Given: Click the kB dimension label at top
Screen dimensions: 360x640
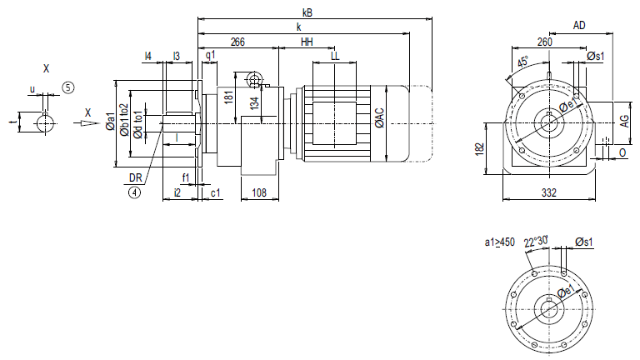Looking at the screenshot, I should point(308,12).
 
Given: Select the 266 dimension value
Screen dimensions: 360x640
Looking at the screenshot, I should point(237,42).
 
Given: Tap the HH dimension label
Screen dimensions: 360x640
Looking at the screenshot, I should point(307,42).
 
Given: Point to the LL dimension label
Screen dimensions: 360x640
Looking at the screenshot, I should point(335,56).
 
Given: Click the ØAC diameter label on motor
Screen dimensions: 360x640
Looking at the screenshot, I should point(380,118).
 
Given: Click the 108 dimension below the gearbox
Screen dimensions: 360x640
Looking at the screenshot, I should point(258,193).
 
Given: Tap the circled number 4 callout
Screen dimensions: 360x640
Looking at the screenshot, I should point(133,192).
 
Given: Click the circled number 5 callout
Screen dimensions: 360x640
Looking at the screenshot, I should point(67,86).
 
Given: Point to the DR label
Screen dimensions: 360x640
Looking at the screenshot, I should point(133,177).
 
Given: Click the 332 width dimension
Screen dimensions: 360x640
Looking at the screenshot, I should point(549,193).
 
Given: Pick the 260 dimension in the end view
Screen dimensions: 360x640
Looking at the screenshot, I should point(544,42).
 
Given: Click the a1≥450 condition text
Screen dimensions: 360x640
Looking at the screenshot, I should point(500,242).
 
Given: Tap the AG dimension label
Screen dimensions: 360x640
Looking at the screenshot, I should point(623,121).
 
